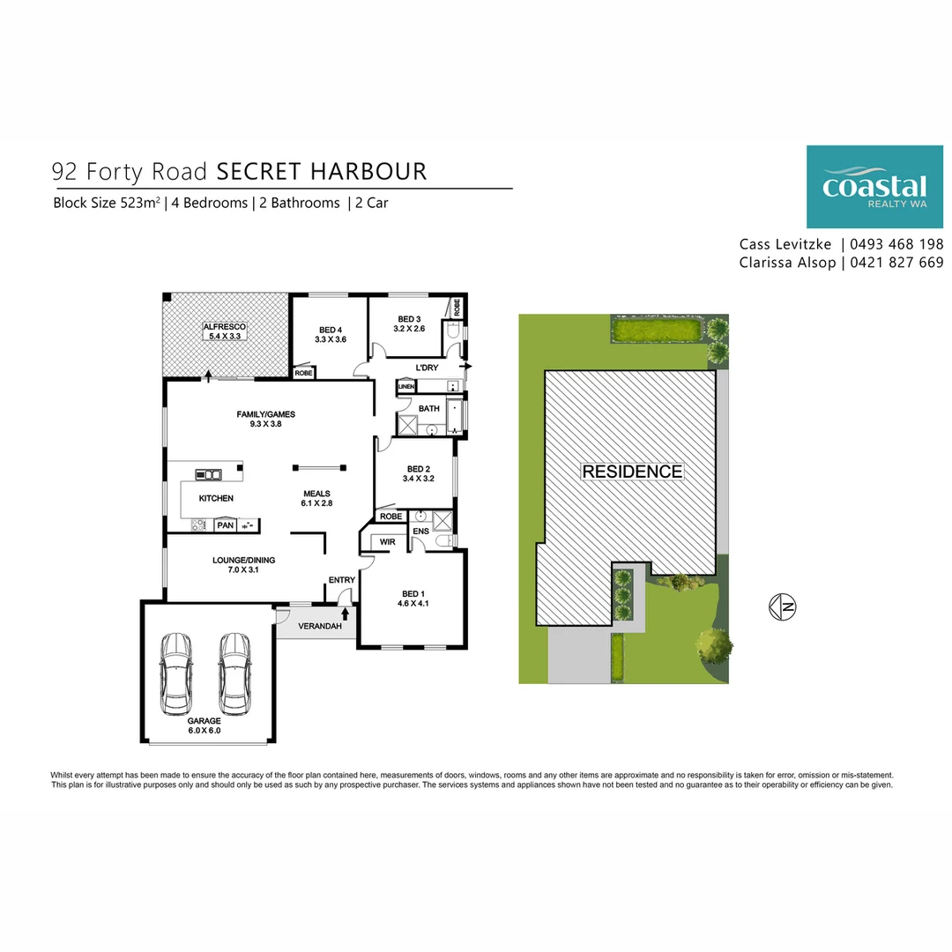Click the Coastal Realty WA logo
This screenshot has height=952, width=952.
click(x=874, y=187)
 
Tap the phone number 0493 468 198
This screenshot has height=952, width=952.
click(x=896, y=244)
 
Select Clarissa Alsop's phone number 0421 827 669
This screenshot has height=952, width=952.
click(x=896, y=263)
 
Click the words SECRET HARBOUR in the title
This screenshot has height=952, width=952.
click(x=322, y=171)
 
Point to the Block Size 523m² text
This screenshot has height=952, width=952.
click(x=107, y=203)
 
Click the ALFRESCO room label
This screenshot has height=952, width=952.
click(x=224, y=326)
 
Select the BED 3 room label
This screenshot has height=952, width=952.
click(x=410, y=319)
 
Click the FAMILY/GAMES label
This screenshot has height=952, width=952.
click(x=265, y=413)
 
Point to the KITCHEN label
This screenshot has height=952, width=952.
click(x=216, y=498)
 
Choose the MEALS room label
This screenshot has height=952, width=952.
click(x=316, y=494)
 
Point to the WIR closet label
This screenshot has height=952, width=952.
click(x=387, y=541)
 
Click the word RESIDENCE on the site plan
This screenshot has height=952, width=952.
click(x=632, y=472)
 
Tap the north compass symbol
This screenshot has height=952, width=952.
click(x=782, y=606)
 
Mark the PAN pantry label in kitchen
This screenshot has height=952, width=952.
click(x=225, y=525)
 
